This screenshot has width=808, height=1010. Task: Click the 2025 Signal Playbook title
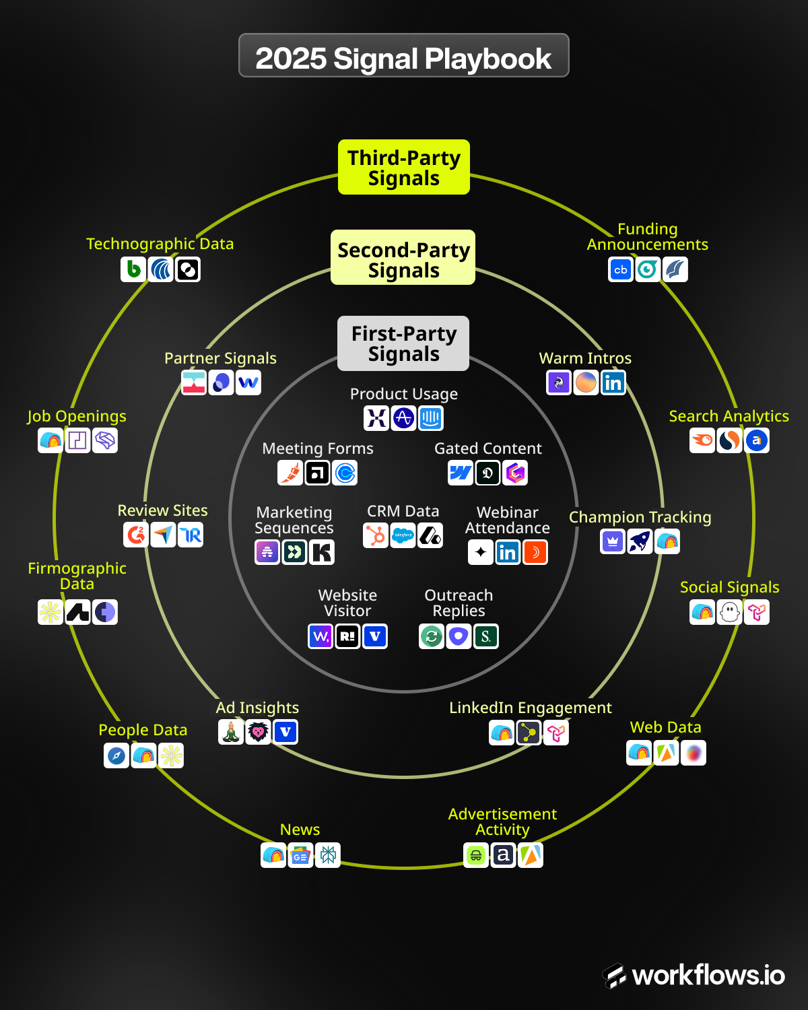click(403, 59)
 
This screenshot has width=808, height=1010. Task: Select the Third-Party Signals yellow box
click(404, 168)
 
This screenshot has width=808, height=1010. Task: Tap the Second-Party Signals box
click(403, 259)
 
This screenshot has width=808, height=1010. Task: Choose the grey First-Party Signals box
click(404, 343)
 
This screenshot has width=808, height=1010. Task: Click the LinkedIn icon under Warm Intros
click(613, 382)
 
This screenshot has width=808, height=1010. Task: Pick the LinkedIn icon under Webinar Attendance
click(508, 553)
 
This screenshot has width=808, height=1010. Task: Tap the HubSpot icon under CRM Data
click(376, 535)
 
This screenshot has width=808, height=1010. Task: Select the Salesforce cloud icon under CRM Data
click(403, 535)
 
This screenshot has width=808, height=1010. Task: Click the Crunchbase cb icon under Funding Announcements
click(621, 269)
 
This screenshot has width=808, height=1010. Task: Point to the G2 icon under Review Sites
click(137, 535)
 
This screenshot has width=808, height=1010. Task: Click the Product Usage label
click(404, 394)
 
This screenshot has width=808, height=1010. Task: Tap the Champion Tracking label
click(640, 517)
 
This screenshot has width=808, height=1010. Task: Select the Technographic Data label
click(160, 244)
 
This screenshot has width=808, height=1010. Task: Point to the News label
click(300, 830)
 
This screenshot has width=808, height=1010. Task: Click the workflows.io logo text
click(708, 975)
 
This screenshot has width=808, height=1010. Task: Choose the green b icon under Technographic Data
click(134, 269)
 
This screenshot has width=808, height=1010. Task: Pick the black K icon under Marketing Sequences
click(322, 552)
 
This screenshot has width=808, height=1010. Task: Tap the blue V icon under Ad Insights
click(285, 732)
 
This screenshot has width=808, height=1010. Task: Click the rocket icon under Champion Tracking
click(640, 541)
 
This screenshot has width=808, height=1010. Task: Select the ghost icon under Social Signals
click(730, 612)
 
